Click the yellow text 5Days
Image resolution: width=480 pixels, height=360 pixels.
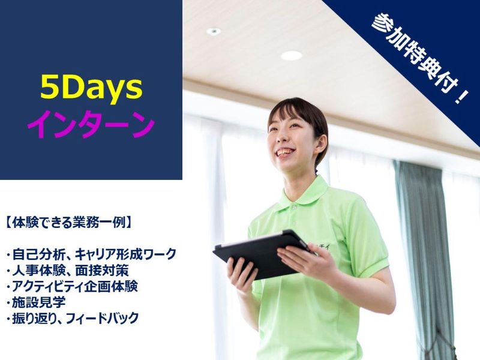pos(91,89)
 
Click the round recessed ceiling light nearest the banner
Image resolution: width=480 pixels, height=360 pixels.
pos(291,55)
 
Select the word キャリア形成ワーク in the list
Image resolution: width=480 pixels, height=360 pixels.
pos(128,254)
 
